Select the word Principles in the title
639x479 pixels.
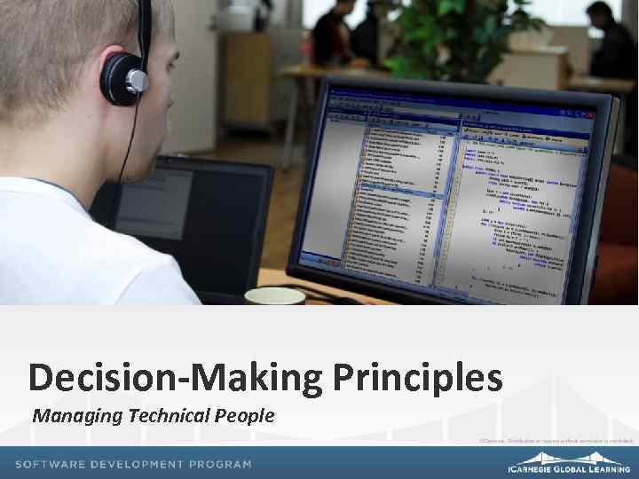[418, 378]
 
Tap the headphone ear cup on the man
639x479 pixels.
[124, 80]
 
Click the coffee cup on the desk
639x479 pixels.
[274, 295]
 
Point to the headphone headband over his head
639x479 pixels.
[144, 27]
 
